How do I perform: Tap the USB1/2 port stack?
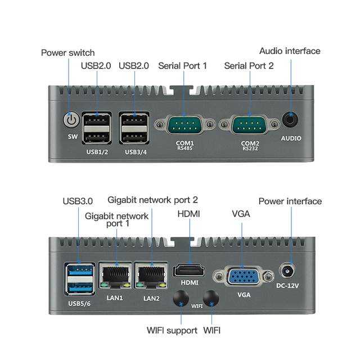[96, 128]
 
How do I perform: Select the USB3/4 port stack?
[133, 128]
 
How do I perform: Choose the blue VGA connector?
[244, 277]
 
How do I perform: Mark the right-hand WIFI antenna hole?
[211, 298]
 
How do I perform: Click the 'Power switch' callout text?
[68, 53]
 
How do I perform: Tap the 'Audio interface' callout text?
[290, 51]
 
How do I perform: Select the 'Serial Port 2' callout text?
[249, 66]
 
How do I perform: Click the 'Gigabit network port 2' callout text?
[152, 200]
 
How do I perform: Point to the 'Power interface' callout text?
[290, 201]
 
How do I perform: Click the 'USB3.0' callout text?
[78, 200]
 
